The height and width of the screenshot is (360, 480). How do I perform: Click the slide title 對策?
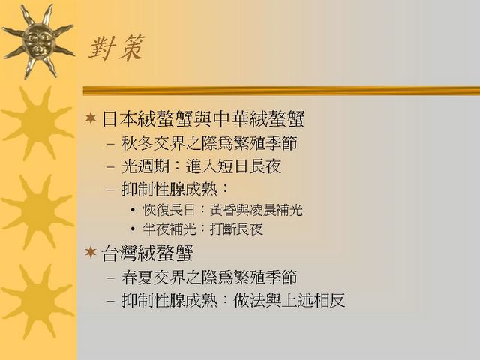(x=117, y=48)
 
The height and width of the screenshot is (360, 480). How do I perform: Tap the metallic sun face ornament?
(x=38, y=41)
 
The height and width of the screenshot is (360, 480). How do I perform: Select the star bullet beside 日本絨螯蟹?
(x=91, y=118)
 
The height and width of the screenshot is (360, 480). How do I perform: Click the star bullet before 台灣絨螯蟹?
(x=91, y=252)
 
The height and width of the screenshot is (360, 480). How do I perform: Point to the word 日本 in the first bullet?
(x=119, y=118)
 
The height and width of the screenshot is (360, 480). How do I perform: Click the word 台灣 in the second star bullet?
(x=119, y=253)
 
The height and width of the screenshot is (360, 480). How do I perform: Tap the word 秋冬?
(x=137, y=143)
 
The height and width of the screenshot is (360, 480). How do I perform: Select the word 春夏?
(x=137, y=277)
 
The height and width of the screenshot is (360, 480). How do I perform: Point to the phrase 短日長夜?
(x=249, y=166)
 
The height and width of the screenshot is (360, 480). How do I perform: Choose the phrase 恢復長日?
(x=169, y=210)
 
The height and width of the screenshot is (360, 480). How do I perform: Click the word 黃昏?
(x=223, y=210)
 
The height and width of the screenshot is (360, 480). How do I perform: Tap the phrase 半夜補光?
(x=169, y=229)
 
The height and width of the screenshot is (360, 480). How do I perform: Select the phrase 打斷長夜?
(x=236, y=229)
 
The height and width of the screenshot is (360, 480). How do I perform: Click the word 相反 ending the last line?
(x=329, y=300)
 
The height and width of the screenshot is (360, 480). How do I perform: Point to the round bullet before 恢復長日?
(x=133, y=211)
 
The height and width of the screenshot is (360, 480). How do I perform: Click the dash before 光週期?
(x=110, y=167)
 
